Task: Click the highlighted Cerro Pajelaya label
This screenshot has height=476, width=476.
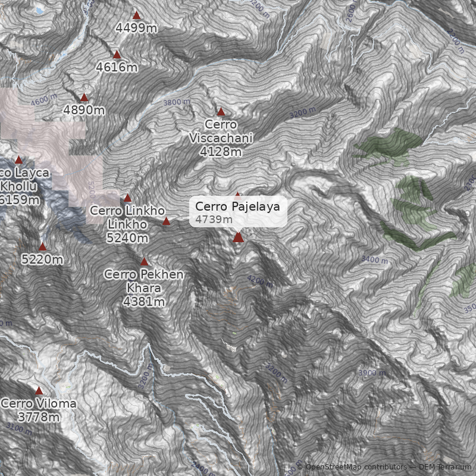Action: [x=238, y=212]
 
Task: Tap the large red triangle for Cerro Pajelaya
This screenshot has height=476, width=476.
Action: [x=239, y=237]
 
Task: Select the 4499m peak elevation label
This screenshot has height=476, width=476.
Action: [x=136, y=28]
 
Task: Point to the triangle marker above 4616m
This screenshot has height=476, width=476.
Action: [x=117, y=54]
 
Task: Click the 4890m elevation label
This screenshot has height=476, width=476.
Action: [x=84, y=110]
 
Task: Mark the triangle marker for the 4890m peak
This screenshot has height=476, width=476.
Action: [x=84, y=98]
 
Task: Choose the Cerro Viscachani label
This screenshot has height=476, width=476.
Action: [x=221, y=138]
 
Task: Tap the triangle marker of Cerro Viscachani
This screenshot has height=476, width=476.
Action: [x=221, y=111]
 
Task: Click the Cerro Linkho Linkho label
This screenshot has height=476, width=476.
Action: [x=127, y=224]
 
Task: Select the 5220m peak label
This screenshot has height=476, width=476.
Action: [x=42, y=259]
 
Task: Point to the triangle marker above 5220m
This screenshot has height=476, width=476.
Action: [x=43, y=247]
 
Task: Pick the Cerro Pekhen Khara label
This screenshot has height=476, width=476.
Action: [x=144, y=288]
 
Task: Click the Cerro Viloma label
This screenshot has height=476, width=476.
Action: [x=39, y=410]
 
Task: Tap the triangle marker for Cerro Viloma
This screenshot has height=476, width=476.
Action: [x=39, y=391]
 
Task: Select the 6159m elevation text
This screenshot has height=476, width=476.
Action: [x=20, y=200]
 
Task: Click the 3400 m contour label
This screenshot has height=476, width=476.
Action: [x=374, y=260]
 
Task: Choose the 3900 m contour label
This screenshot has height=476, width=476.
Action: [x=372, y=372]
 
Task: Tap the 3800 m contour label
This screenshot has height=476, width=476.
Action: [x=177, y=102]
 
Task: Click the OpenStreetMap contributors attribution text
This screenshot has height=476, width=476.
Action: [x=356, y=467]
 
